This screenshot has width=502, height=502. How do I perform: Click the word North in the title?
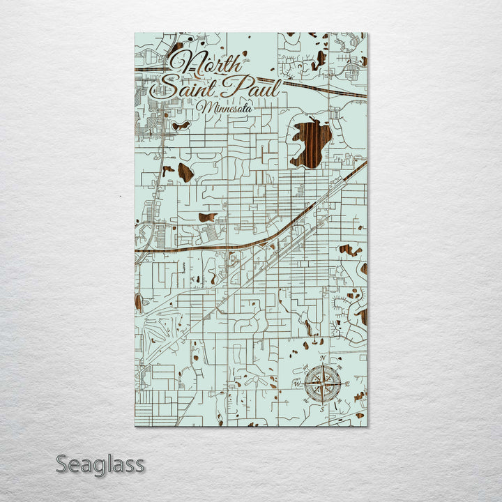[x=207, y=64]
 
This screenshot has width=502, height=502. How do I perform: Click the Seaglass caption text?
[x=100, y=464]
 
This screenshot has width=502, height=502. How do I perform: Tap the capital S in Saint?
[x=167, y=87]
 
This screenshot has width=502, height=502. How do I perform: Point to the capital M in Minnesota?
[x=204, y=107]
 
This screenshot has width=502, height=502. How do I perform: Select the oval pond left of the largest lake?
[x=185, y=172]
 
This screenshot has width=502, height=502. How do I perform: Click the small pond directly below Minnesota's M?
[x=181, y=126]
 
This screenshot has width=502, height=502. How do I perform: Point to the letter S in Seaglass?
[x=61, y=464]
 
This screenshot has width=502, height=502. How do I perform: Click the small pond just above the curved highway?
[x=206, y=218]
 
